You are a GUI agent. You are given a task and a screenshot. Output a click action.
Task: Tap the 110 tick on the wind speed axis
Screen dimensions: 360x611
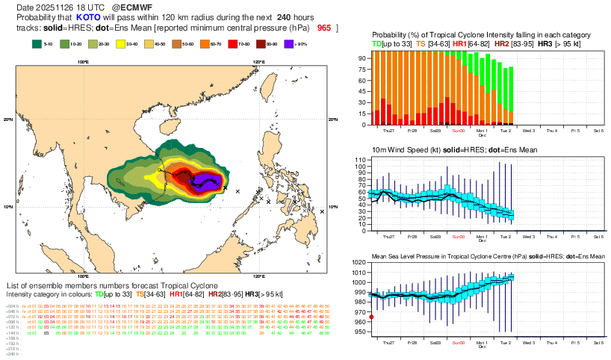click(x=359, y=161)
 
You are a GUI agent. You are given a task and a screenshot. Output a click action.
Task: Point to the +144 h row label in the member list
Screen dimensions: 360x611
click(x=12, y=332)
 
